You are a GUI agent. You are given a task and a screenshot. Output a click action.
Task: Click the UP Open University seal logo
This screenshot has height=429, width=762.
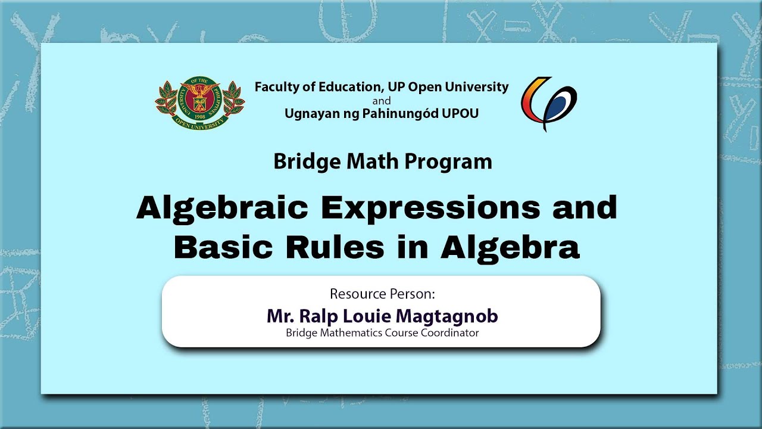199,103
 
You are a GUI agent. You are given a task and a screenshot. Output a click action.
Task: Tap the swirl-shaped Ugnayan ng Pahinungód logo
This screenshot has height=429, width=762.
548,104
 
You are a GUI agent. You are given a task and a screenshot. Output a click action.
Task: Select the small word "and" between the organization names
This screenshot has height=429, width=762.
382,101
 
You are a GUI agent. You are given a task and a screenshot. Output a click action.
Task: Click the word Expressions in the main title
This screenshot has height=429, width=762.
430,209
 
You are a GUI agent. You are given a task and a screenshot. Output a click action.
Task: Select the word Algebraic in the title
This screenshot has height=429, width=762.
222,209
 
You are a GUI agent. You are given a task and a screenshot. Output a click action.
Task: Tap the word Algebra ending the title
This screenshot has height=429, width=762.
510,248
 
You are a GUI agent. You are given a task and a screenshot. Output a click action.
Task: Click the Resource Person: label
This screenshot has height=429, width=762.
382,294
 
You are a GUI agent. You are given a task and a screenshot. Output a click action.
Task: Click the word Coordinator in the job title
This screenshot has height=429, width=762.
449,332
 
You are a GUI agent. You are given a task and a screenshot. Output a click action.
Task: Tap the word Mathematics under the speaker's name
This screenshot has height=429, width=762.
351,332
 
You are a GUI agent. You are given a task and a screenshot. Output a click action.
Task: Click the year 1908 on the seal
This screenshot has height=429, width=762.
200,116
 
